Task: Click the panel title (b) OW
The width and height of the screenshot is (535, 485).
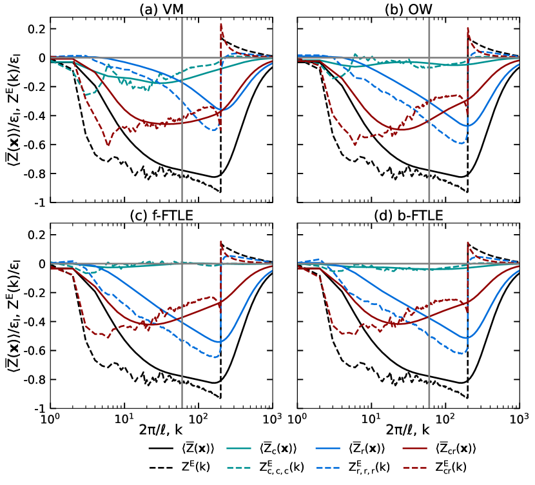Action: [x=408, y=10]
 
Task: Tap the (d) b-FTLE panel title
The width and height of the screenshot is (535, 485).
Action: [x=408, y=215]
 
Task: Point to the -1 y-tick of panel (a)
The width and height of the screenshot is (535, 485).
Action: [x=39, y=203]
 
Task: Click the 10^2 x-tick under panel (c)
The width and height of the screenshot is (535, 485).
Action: [x=199, y=420]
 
